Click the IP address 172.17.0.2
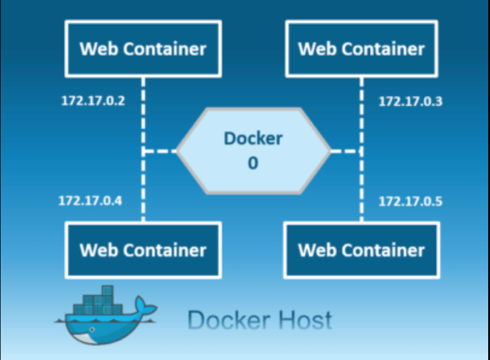[93, 101]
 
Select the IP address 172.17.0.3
[410, 101]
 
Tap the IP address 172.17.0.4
[90, 200]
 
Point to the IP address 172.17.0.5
[410, 201]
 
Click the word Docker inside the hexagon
[253, 138]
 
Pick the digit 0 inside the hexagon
[253, 163]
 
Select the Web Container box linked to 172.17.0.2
[143, 49]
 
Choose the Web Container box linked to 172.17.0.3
[361, 49]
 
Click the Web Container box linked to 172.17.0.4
[143, 249]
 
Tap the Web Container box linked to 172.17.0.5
[361, 249]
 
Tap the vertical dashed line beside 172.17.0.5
[361, 193]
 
